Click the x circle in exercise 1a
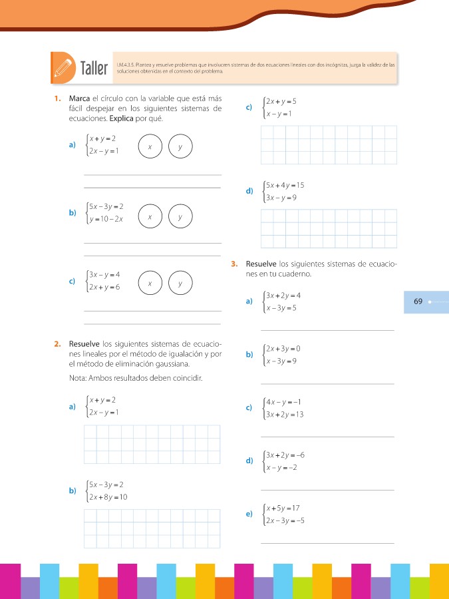point(151,147)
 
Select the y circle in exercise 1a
point(180,147)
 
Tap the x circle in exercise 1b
point(151,217)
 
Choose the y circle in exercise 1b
point(180,217)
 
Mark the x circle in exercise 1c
point(151,283)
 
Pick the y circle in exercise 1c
point(180,283)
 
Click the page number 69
point(418,301)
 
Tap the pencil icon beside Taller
point(64,67)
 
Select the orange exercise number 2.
point(59,344)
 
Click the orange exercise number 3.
point(235,264)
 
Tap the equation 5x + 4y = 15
point(285,185)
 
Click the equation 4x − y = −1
point(285,401)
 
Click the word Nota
point(78,379)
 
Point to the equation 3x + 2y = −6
point(285,455)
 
